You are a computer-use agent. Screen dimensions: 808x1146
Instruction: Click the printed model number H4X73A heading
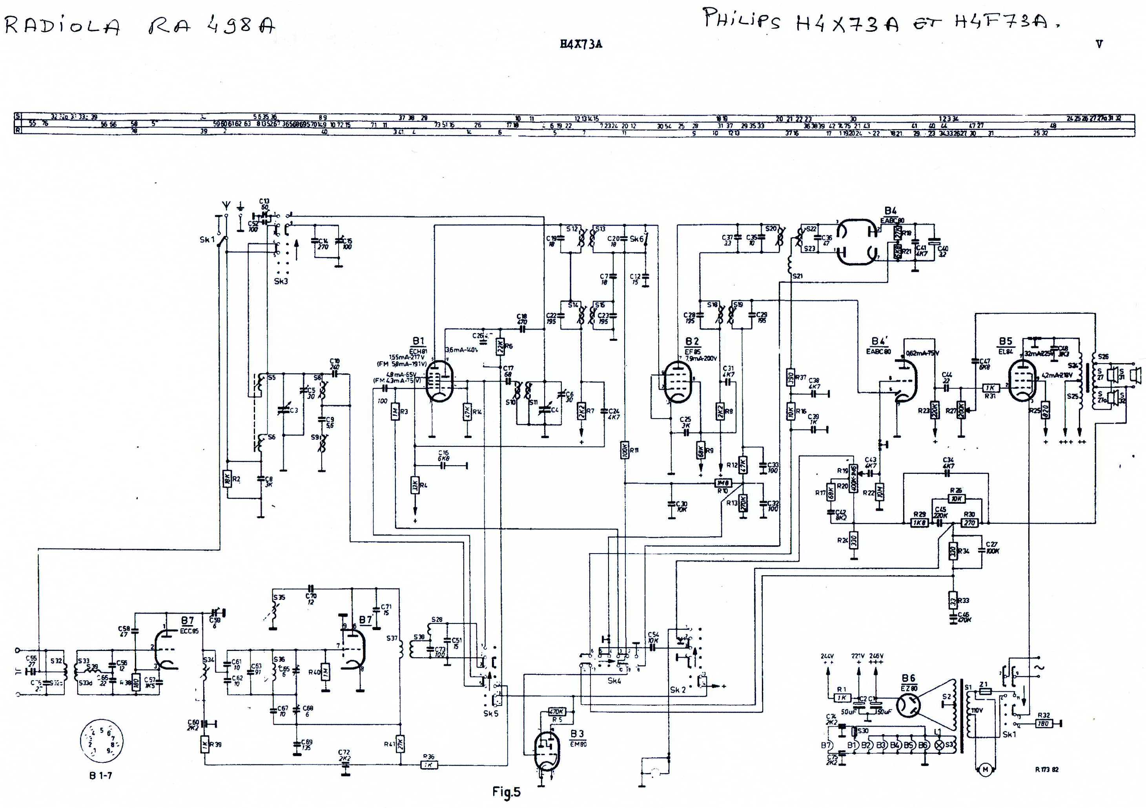581,44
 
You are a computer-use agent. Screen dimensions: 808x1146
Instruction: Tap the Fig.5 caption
506,792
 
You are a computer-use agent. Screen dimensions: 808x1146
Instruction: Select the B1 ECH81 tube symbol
440,382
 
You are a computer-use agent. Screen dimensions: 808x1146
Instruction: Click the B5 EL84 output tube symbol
1021,382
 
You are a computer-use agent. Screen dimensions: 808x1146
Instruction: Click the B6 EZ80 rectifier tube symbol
908,706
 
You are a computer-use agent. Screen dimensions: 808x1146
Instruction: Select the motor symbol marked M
985,770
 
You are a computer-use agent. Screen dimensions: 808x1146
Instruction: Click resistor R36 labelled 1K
429,764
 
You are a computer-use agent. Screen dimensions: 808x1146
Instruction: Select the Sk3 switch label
281,281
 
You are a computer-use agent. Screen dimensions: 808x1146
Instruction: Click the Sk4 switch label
614,681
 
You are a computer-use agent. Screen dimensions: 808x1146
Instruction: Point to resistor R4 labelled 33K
414,485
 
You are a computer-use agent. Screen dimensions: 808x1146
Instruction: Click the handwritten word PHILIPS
741,20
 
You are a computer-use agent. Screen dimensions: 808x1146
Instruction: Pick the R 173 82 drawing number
1046,770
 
